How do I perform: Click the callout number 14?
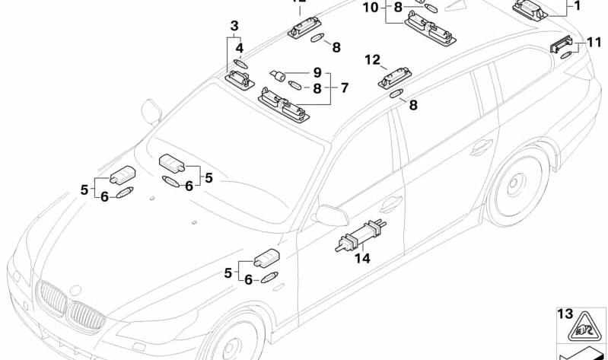pyautogui.click(x=362, y=259)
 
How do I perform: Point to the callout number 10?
pyautogui.click(x=370, y=8)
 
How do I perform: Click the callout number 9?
pyautogui.click(x=317, y=74)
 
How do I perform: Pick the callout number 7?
pyautogui.click(x=344, y=88)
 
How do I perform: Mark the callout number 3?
pyautogui.click(x=234, y=27)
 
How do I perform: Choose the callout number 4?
pyautogui.click(x=239, y=48)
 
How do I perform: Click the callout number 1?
pyautogui.click(x=576, y=5)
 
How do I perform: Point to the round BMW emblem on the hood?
pyautogui.click(x=75, y=290)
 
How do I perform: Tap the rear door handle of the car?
pyautogui.click(x=481, y=146)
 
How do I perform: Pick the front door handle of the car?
pyautogui.click(x=391, y=203)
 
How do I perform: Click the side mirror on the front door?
pyautogui.click(x=332, y=216)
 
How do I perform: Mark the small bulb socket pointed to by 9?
pyautogui.click(x=280, y=76)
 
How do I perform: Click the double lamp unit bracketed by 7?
pyautogui.click(x=285, y=104)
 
